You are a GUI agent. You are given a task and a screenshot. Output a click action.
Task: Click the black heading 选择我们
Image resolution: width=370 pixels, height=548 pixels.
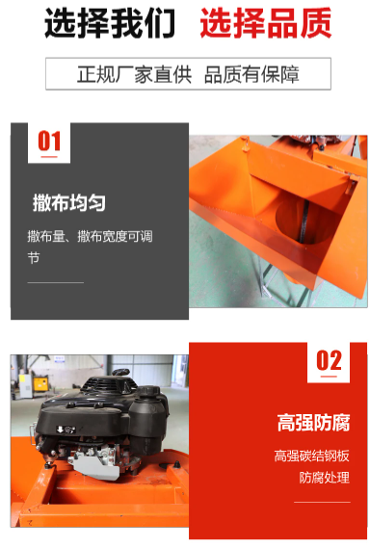pyautogui.click(x=110, y=23)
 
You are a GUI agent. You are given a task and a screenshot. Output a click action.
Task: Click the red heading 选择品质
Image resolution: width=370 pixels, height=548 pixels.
pyautogui.click(x=265, y=23)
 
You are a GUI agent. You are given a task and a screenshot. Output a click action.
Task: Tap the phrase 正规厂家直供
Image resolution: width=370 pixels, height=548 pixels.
pyautogui.click(x=134, y=74)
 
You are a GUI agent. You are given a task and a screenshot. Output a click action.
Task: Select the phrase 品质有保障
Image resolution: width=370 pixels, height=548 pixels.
pyautogui.click(x=251, y=74)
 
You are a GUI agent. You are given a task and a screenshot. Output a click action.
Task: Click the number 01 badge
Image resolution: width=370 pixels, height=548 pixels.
pyautogui.click(x=49, y=143)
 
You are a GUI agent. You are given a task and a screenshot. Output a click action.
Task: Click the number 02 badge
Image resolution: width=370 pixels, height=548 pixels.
pyautogui.click(x=329, y=362)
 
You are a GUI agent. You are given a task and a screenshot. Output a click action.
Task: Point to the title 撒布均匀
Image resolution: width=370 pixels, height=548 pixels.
pyautogui.click(x=69, y=202)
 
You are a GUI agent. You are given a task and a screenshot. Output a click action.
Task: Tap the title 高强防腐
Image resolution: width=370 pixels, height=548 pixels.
pyautogui.click(x=313, y=423)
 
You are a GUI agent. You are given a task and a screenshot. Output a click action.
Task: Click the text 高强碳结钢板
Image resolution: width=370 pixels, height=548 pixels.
pyautogui.click(x=311, y=456)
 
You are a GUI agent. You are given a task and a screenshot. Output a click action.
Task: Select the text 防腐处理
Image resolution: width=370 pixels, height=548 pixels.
pyautogui.click(x=324, y=477)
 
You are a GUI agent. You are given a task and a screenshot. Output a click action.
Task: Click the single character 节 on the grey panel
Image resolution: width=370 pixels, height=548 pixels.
pyautogui.click(x=34, y=257)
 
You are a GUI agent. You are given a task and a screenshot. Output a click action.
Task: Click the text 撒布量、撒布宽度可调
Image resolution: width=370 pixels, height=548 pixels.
pyautogui.click(x=90, y=236)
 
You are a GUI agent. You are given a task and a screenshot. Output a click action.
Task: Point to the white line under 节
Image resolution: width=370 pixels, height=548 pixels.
pyautogui.click(x=56, y=282)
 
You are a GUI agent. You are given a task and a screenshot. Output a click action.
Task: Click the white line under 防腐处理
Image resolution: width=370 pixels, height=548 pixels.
pyautogui.click(x=322, y=502)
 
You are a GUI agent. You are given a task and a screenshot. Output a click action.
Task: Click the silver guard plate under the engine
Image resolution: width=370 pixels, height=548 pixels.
pyautogui.click(x=96, y=465)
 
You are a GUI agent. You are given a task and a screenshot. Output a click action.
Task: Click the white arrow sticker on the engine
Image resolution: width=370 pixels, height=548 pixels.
pyautogui.click(x=66, y=430)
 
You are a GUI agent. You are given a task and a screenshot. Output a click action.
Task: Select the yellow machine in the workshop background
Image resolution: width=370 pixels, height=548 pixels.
pyautogui.click(x=40, y=383)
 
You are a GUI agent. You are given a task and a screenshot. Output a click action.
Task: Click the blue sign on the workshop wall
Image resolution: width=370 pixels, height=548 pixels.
pyautogui.click(x=60, y=359)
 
